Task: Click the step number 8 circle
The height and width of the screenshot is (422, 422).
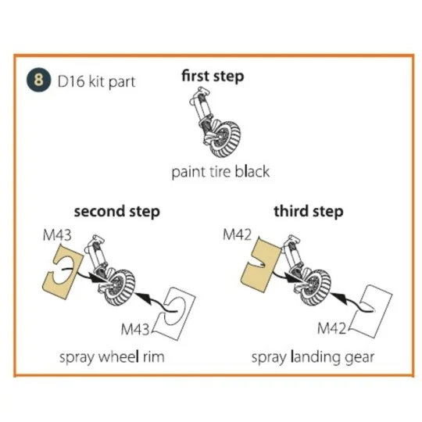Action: pyautogui.click(x=38, y=80)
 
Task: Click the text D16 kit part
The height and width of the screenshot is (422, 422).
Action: pyautogui.click(x=96, y=82)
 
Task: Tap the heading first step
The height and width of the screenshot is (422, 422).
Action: pyautogui.click(x=213, y=76)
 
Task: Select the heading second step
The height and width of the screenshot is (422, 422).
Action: pyautogui.click(x=117, y=212)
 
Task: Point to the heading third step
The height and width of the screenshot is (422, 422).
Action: pyautogui.click(x=309, y=212)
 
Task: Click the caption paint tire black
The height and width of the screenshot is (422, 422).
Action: pyautogui.click(x=220, y=172)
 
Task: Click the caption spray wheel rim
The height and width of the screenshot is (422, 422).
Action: pyautogui.click(x=112, y=357)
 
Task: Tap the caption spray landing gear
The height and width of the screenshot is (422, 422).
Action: pyautogui.click(x=313, y=358)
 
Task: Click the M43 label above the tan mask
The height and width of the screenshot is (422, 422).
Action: pyautogui.click(x=57, y=235)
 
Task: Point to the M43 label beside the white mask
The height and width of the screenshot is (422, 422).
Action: pyautogui.click(x=135, y=328)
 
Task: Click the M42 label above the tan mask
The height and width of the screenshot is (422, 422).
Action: pyautogui.click(x=237, y=234)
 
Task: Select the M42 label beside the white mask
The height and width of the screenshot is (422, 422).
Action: pyautogui.click(x=331, y=328)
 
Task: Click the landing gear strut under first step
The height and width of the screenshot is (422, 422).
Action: pyautogui.click(x=202, y=109)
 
